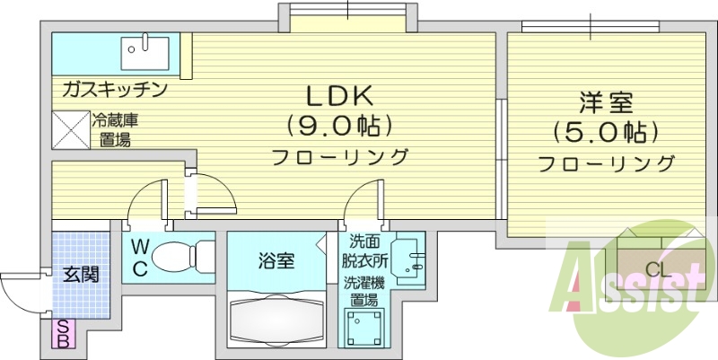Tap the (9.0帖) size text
point(340,124)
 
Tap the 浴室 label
point(275,261)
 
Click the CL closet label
point(657,269)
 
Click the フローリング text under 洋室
point(607,164)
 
